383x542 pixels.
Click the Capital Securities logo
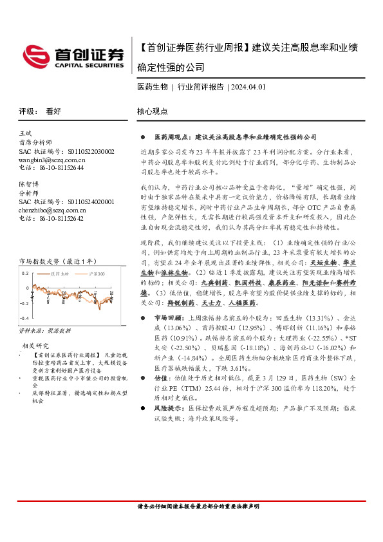tap(73, 56)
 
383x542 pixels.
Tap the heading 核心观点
tap(153, 111)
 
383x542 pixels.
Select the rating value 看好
tap(53, 111)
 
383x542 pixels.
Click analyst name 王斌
tap(27, 132)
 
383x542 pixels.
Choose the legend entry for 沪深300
tap(95, 274)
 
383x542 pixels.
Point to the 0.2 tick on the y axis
tap(25, 272)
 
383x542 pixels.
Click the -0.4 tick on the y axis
tap(24, 319)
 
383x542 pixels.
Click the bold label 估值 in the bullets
tap(161, 379)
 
